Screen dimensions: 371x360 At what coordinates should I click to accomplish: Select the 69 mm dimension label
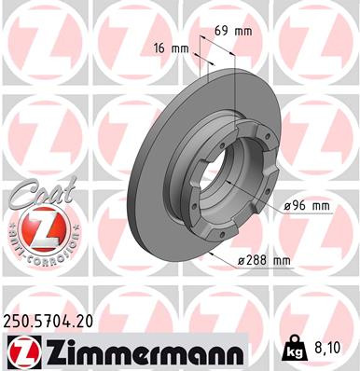[x=233, y=31]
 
